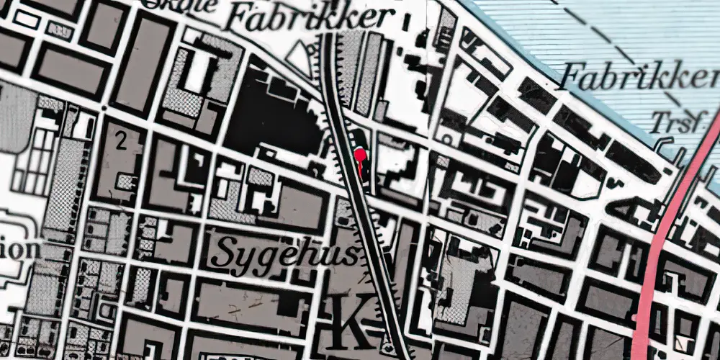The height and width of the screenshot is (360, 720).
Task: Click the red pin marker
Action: click(359, 154)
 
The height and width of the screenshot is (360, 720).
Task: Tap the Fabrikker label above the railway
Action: click(309, 18)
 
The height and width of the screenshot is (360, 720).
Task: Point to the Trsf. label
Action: click(677, 122)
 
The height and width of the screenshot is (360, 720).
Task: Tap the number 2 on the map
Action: click(120, 141)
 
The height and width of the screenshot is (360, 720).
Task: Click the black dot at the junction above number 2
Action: click(105, 109)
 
